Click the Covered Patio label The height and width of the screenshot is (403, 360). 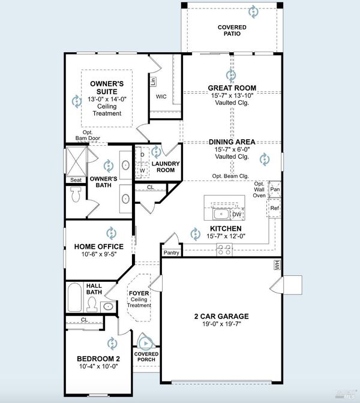pyautogui.click(x=232, y=31)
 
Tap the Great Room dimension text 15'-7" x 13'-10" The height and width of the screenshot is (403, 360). pyautogui.click(x=232, y=95)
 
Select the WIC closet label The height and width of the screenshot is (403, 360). pyautogui.click(x=161, y=97)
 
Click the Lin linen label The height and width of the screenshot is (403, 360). pyautogui.click(x=153, y=82)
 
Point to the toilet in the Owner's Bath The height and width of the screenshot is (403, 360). pyautogui.click(x=76, y=194)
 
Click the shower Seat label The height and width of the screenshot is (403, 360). pyautogui.click(x=76, y=180)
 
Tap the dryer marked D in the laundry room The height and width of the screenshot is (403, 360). pyautogui.click(x=142, y=155)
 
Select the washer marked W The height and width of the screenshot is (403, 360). pyautogui.click(x=142, y=170)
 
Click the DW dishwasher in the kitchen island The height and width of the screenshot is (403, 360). pyautogui.click(x=237, y=214)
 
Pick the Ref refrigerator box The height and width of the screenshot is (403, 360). pyautogui.click(x=274, y=208)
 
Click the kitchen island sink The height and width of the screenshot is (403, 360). pyautogui.click(x=221, y=214)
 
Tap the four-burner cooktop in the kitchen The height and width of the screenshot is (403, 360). pyautogui.click(x=224, y=249)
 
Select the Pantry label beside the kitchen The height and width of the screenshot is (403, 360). pyautogui.click(x=171, y=252)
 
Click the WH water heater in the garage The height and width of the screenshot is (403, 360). pyautogui.click(x=277, y=264)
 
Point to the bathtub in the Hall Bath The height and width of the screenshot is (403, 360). pyautogui.click(x=75, y=297)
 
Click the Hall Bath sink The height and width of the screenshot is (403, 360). pyautogui.click(x=109, y=306)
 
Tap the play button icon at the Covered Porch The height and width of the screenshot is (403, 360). pyautogui.click(x=146, y=343)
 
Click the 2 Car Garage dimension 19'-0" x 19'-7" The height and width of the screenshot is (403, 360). pyautogui.click(x=221, y=324)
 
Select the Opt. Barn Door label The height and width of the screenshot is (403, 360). pyautogui.click(x=88, y=135)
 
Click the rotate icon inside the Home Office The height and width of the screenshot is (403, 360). pyautogui.click(x=112, y=233)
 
